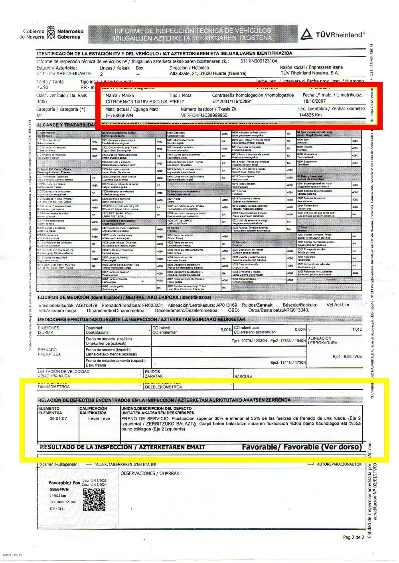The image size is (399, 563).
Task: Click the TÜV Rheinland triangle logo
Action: (306, 34)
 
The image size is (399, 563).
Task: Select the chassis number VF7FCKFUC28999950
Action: (204, 115)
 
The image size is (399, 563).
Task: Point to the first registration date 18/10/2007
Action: (314, 101)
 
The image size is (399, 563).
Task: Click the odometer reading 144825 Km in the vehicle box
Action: (310, 115)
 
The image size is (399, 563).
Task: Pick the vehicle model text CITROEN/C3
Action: (118, 102)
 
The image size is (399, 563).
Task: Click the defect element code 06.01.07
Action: (58, 418)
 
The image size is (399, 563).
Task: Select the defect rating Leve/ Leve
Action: (99, 418)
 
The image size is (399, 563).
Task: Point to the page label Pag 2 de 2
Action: (354, 537)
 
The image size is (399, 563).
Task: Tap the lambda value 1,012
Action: (357, 330)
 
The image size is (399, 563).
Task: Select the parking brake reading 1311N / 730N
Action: (288, 363)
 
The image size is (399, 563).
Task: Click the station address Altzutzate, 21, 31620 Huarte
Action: (208, 73)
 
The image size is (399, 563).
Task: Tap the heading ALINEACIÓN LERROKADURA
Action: (323, 340)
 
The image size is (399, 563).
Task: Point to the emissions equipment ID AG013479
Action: (85, 305)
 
